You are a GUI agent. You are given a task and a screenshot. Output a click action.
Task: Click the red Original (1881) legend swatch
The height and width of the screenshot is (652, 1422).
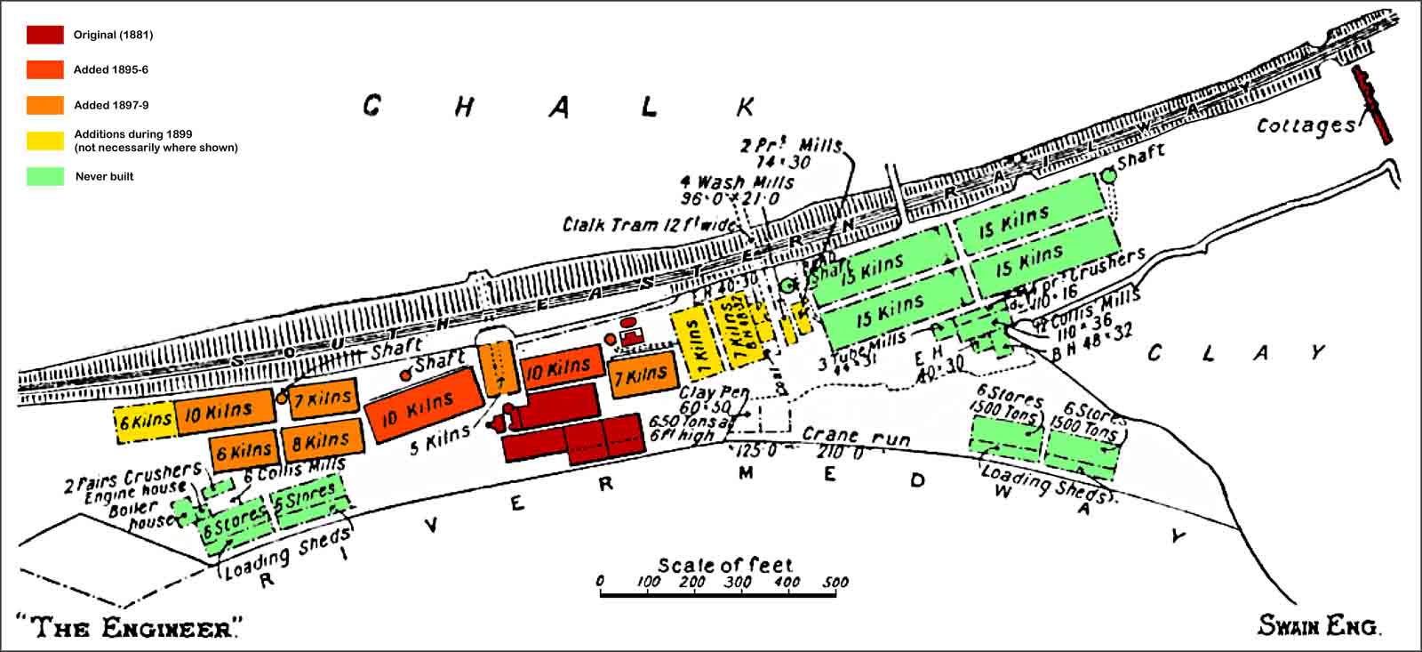click(x=44, y=35)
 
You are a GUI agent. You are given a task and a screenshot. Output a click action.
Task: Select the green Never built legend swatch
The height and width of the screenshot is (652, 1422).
click(x=44, y=176)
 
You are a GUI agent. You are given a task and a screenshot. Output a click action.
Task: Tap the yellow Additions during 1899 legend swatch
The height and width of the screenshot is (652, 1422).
click(x=44, y=141)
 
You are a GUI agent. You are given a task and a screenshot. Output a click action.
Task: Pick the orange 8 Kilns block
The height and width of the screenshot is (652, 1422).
click(x=322, y=439)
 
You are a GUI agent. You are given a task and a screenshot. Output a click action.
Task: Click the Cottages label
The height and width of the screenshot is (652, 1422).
click(x=1306, y=125)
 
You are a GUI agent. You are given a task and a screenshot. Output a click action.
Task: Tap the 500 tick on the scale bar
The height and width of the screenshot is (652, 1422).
click(x=835, y=583)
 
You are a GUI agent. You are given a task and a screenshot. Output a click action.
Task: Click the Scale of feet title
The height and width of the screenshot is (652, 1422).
click(x=724, y=565)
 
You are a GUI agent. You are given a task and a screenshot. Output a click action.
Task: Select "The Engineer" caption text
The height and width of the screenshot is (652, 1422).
click(x=128, y=628)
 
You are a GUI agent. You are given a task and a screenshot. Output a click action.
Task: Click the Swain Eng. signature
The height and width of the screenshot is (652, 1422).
click(x=1318, y=626)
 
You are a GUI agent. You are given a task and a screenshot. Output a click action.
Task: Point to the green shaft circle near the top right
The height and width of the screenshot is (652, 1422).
click(x=1108, y=176)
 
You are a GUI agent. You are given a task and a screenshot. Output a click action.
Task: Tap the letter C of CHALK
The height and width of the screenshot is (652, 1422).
click(x=372, y=107)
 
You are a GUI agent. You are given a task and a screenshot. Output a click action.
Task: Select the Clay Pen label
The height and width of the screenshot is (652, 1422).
click(x=715, y=392)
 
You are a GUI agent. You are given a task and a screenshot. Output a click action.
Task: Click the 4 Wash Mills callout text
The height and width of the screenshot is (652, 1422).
click(x=737, y=182)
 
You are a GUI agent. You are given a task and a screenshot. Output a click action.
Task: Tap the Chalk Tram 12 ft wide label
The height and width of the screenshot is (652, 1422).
click(x=649, y=224)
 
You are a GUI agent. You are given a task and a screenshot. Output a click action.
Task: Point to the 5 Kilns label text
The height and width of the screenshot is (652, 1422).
click(x=439, y=439)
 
